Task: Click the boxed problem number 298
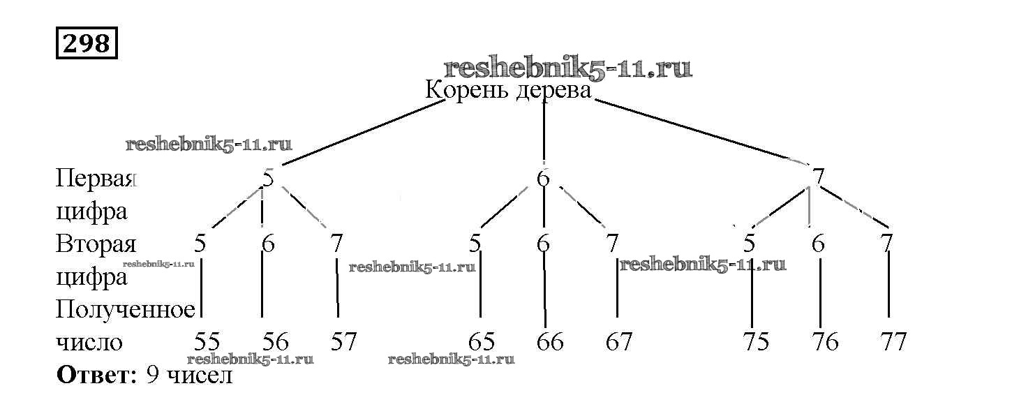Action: pos(87,43)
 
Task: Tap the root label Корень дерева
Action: pos(508,91)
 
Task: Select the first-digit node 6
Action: pos(544,179)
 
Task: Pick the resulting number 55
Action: pos(207,342)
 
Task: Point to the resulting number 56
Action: pos(276,342)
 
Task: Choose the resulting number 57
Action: pos(343,342)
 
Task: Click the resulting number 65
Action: pos(481,342)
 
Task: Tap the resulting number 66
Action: pos(550,342)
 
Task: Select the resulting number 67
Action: pos(618,342)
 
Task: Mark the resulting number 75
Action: pos(756,342)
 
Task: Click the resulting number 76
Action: pos(825,342)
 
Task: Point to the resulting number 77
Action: pos(893,342)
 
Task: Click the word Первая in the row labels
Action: pos(94,179)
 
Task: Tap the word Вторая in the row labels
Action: pos(95,244)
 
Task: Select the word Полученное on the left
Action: pos(125,309)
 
